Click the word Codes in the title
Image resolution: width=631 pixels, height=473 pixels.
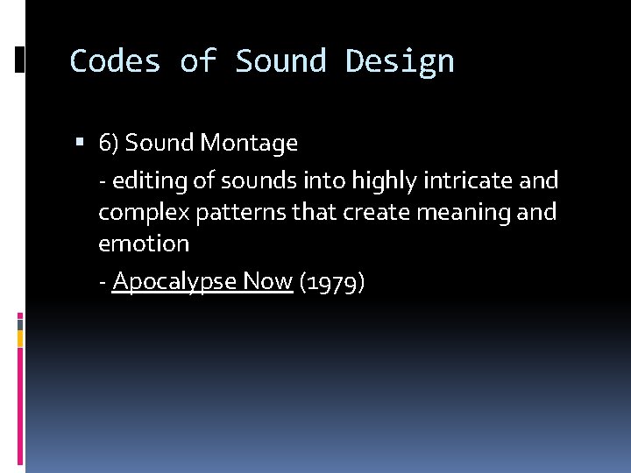(115, 60)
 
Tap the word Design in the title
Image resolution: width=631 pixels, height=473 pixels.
(400, 60)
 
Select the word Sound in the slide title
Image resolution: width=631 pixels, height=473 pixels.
(280, 60)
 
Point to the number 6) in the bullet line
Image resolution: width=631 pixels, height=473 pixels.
(110, 143)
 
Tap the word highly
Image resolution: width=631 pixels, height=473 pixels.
(383, 181)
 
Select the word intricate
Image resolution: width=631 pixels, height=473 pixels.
(471, 180)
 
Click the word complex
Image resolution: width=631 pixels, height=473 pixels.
(136, 213)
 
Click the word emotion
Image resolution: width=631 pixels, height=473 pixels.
(144, 243)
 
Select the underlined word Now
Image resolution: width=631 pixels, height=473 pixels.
(268, 280)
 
